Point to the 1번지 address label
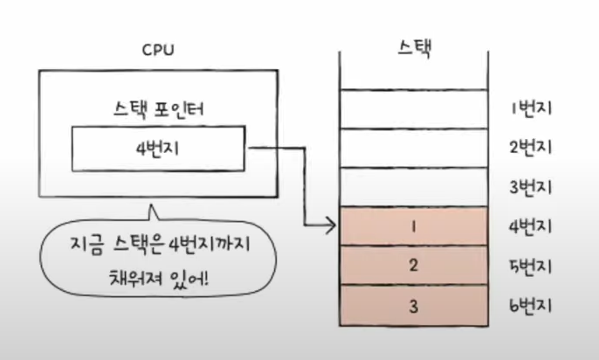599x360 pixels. click(x=531, y=109)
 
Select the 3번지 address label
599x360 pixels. click(x=531, y=188)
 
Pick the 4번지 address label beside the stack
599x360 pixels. click(x=531, y=227)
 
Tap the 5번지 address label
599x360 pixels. click(x=531, y=266)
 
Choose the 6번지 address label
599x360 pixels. click(x=531, y=306)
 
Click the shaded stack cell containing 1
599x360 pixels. click(x=412, y=227)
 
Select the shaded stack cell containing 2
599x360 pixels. click(x=412, y=266)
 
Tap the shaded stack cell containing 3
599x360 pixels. click(x=412, y=306)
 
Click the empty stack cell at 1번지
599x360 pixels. click(x=412, y=108)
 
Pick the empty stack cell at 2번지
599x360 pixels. click(x=412, y=149)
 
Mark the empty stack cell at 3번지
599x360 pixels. click(x=412, y=187)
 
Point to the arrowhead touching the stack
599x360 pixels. click(x=332, y=228)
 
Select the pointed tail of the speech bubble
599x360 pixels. click(x=154, y=211)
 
